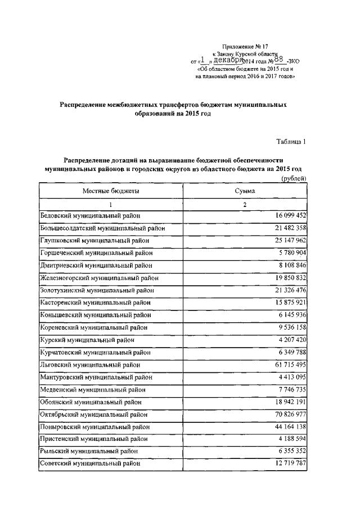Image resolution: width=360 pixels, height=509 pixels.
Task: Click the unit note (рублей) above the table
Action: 293,178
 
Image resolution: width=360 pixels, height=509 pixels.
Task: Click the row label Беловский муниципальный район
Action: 89,215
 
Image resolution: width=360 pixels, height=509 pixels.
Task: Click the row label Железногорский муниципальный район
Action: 100,277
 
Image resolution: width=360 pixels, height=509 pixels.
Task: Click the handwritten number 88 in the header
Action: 276,59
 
